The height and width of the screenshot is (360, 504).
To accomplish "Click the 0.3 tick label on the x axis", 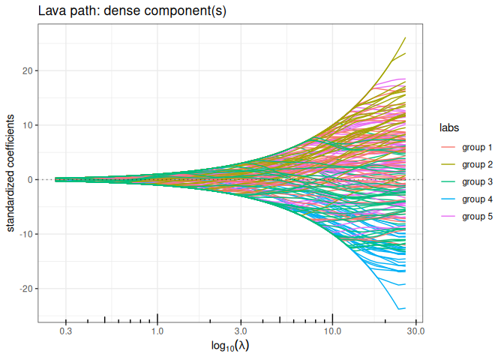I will click(x=65, y=331).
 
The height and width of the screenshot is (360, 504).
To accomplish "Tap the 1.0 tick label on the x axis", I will click(x=157, y=331).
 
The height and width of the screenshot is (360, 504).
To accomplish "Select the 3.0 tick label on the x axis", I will click(x=241, y=331).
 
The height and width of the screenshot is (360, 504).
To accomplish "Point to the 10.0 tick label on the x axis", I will click(x=333, y=331).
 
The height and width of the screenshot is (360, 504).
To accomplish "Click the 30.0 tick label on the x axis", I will click(x=416, y=331).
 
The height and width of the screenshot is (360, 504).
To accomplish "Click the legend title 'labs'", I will click(x=449, y=127).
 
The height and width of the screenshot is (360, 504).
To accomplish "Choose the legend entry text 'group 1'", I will click(x=477, y=147).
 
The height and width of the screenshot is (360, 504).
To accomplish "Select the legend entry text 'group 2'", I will click(x=477, y=164).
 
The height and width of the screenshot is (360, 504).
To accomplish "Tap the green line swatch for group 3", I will click(x=447, y=181).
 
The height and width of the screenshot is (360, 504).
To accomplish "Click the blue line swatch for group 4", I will click(x=447, y=199).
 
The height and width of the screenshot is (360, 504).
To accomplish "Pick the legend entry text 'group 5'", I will click(x=477, y=216).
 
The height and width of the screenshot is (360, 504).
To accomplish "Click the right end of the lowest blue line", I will click(x=406, y=308).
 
